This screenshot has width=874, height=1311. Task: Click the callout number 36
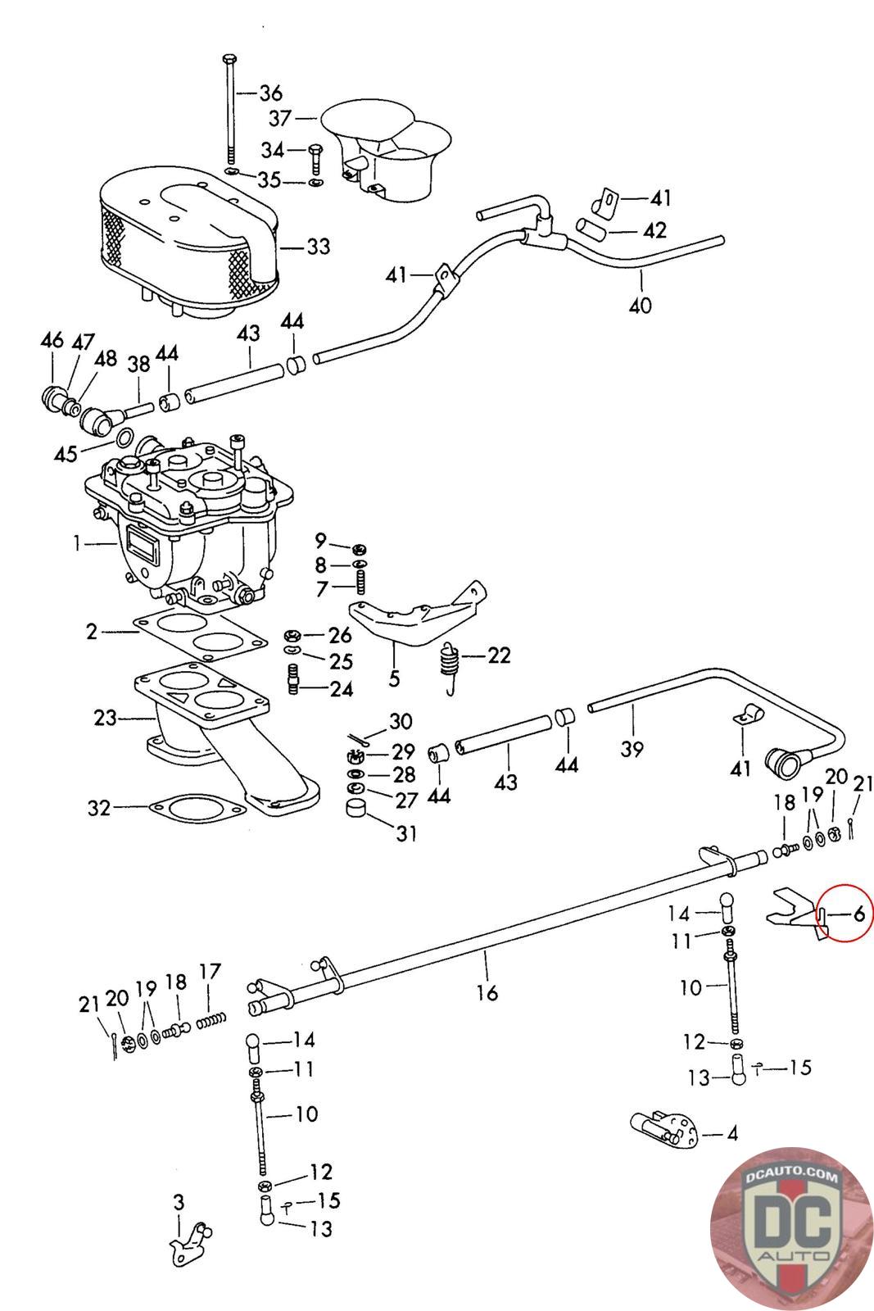click(x=271, y=93)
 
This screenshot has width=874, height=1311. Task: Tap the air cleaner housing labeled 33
click(x=188, y=241)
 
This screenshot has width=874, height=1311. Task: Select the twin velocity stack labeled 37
click(x=387, y=152)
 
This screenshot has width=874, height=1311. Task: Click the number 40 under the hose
click(x=640, y=305)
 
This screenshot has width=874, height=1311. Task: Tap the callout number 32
click(x=99, y=808)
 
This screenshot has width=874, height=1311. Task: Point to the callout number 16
click(x=487, y=992)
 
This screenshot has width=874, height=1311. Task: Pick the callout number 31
click(x=406, y=832)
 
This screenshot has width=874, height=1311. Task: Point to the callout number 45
click(x=66, y=454)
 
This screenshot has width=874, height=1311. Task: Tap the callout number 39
click(x=632, y=749)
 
